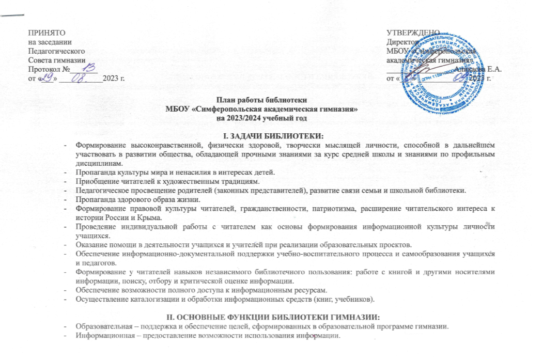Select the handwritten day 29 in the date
point(45,77)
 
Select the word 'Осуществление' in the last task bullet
point(99,299)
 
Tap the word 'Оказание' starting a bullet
point(89,244)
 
